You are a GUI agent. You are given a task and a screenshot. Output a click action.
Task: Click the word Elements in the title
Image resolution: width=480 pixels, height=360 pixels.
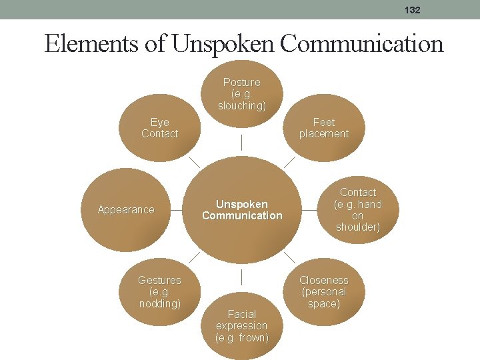click(91, 44)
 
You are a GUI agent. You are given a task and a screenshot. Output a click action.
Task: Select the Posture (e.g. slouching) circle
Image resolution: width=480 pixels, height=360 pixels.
click(241, 93)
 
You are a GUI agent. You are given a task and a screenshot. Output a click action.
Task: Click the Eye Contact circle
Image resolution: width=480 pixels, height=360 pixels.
click(160, 128)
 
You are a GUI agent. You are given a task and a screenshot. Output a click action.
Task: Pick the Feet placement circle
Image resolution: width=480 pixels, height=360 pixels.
click(324, 128)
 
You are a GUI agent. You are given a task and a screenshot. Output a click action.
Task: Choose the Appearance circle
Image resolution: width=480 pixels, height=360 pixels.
click(126, 209)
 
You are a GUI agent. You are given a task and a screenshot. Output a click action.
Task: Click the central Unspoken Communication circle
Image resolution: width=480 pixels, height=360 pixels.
click(242, 209)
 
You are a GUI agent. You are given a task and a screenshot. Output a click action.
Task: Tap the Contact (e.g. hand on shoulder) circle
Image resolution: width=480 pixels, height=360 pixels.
click(358, 209)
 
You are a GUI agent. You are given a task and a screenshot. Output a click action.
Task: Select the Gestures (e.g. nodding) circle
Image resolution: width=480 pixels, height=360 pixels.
click(160, 291)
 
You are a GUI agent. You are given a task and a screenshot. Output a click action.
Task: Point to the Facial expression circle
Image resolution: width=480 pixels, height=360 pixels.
click(241, 325)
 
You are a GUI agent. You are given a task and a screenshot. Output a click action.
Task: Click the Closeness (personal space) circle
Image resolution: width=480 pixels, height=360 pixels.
click(324, 291)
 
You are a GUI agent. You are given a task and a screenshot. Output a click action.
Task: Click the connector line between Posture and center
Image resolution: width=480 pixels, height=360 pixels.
click(241, 142)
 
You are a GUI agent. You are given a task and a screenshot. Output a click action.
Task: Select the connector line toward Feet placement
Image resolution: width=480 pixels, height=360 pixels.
click(289, 162)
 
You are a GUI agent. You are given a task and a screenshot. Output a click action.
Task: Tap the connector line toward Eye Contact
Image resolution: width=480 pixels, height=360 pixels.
click(194, 162)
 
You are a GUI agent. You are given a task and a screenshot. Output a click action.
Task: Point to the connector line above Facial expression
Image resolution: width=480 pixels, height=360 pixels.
click(241, 277)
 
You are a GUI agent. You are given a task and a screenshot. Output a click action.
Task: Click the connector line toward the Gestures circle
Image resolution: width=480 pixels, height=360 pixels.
click(194, 257)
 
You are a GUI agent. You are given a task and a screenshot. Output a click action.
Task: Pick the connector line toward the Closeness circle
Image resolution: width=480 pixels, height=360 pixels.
click(289, 257)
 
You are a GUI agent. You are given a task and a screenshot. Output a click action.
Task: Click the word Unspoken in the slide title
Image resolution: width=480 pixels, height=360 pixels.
click(222, 44)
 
